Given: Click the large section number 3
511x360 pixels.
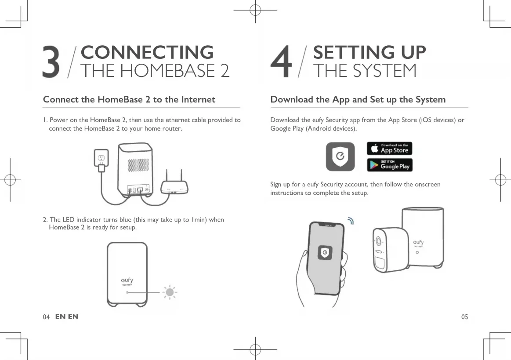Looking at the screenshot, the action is (x=51, y=62).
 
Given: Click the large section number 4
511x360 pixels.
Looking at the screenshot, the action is (x=281, y=62).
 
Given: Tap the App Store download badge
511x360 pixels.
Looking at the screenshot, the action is (x=389, y=149).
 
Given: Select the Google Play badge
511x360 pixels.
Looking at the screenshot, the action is (x=389, y=165).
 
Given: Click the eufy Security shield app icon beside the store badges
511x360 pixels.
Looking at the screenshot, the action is (x=340, y=156).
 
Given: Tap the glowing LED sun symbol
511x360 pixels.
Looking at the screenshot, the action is (x=170, y=292).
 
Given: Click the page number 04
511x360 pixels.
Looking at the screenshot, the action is (x=46, y=317).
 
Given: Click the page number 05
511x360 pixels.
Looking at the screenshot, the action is (x=464, y=317).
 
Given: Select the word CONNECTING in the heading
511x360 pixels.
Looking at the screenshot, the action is (x=147, y=52).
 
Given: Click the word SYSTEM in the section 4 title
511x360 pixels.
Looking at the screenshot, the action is (x=380, y=71).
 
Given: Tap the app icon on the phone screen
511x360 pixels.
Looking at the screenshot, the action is (x=325, y=252).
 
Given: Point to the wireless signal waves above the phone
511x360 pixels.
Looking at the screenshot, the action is (x=350, y=221).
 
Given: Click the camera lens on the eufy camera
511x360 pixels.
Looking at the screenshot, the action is (x=379, y=241).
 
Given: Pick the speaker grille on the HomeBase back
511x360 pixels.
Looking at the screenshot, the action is (x=138, y=165).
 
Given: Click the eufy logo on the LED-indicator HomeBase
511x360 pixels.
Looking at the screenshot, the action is (x=127, y=280).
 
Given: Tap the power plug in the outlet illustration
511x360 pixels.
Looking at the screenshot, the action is (x=101, y=167).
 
